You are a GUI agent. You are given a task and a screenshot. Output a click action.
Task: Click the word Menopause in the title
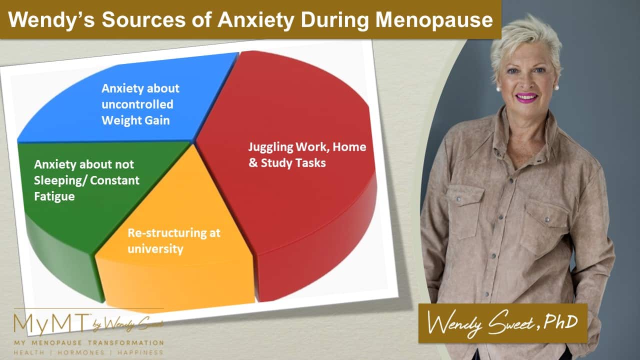coord(434,20)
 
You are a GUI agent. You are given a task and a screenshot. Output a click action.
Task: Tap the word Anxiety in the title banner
coord(256,20)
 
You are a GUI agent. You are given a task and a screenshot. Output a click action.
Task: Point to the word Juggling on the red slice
coord(270,147)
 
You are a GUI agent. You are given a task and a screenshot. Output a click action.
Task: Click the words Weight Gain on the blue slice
coord(135,120)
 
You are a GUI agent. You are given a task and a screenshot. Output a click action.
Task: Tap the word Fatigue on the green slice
coord(54,197)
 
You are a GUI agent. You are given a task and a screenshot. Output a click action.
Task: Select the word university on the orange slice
coord(155,249)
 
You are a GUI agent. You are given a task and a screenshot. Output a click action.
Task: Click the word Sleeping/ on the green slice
coord(59,181)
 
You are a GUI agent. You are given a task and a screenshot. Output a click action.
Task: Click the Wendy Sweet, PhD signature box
coord(503,323)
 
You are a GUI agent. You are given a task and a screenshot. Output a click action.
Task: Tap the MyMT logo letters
coord(51,324)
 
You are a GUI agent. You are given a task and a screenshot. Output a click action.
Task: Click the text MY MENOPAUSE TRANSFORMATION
coord(89,342)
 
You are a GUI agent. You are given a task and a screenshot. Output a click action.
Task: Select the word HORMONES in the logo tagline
coord(81,352)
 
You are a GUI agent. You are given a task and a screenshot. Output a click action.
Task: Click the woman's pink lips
coord(526,97)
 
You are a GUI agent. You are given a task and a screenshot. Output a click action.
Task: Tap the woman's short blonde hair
coord(525,37)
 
